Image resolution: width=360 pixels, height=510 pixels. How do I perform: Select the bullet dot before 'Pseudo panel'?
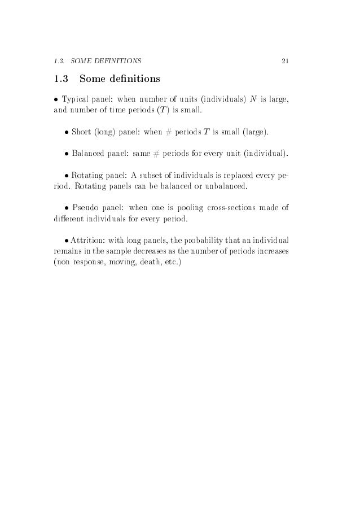tap(67, 208)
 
